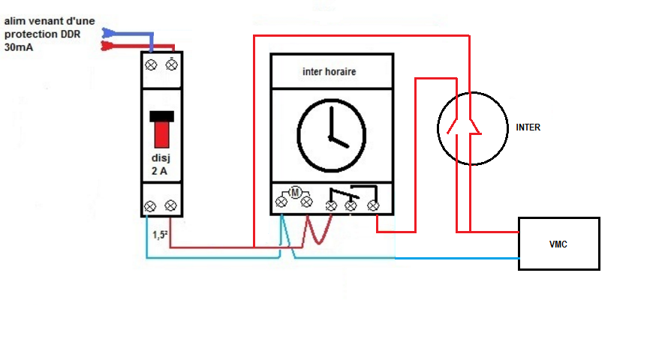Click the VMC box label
click(x=558, y=244)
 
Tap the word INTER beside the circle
click(x=528, y=127)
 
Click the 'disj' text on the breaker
click(x=162, y=159)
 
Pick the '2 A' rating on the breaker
click(x=161, y=172)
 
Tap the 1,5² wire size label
click(x=160, y=235)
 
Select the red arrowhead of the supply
click(x=108, y=46)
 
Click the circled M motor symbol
click(x=295, y=193)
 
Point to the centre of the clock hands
click(x=331, y=138)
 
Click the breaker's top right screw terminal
click(x=172, y=64)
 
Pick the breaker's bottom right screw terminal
click(x=171, y=205)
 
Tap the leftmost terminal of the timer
click(x=282, y=202)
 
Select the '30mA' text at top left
click(x=19, y=47)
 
